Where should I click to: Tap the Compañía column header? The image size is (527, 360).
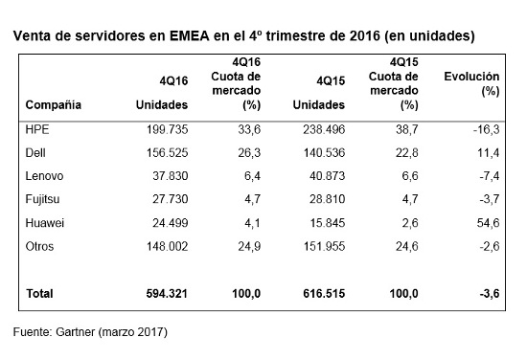[x=54, y=103]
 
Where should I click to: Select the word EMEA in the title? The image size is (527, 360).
[x=196, y=36]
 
